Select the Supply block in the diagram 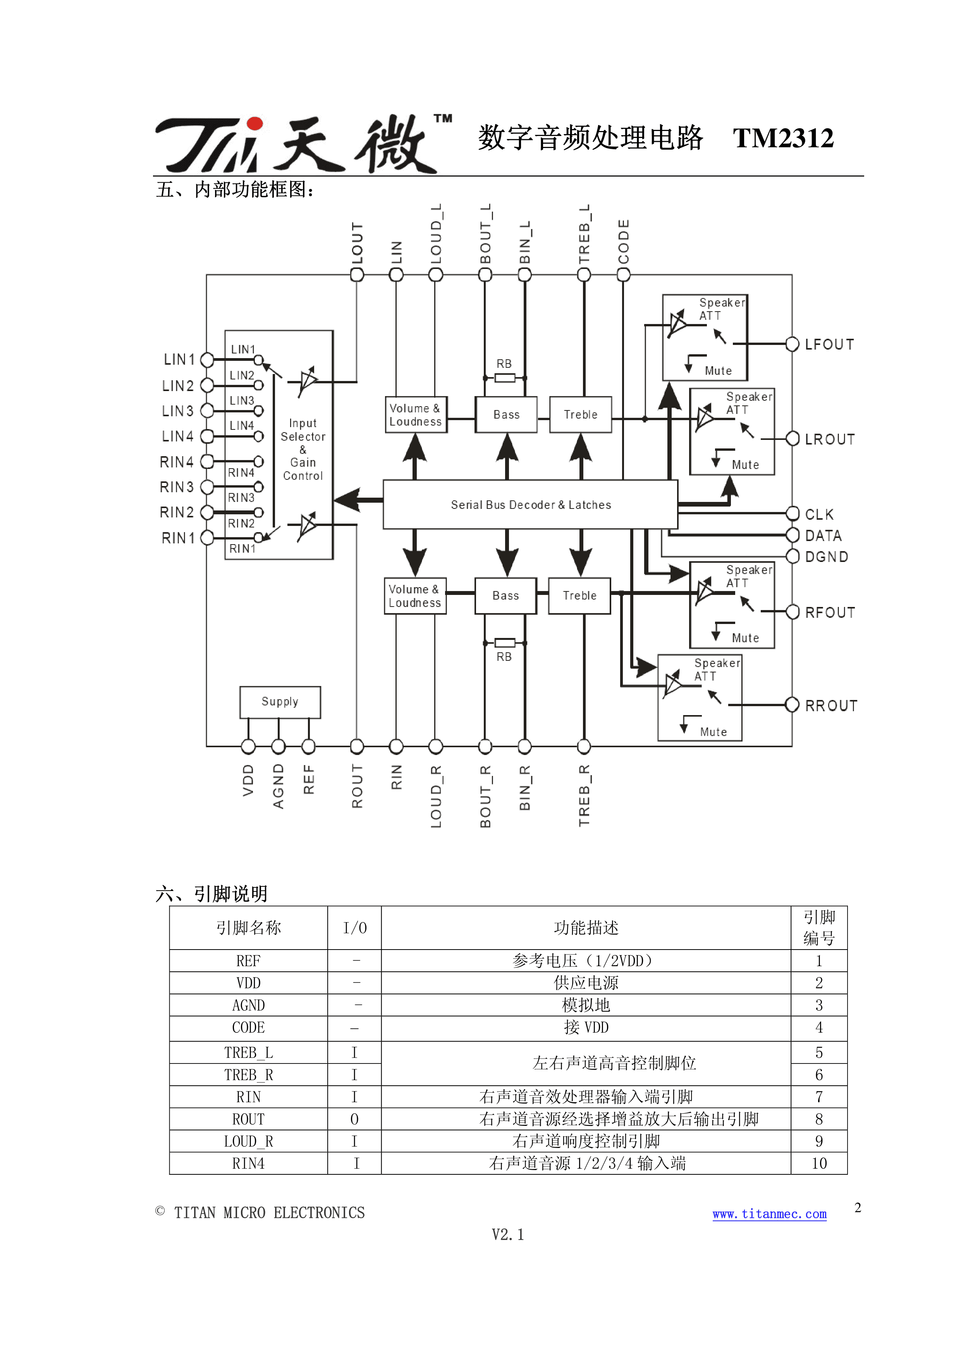pos(280,702)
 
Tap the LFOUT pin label pos(829,345)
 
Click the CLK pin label pos(819,514)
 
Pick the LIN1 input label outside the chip pos(179,360)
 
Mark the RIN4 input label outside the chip pos(177,462)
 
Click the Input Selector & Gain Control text pos(303,449)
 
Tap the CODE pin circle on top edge pos(624,275)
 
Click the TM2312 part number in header pos(783,138)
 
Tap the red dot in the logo pos(254,123)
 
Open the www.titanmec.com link pos(769,1214)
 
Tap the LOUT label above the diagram pos(357,243)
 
